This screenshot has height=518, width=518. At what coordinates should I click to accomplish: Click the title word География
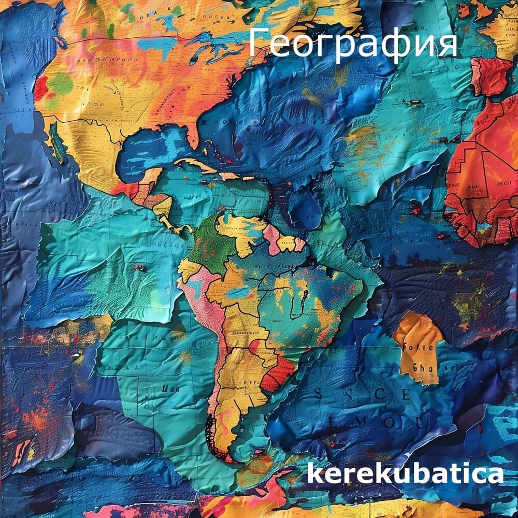pos(353,44)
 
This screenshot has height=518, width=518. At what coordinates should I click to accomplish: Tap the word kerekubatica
pos(405,474)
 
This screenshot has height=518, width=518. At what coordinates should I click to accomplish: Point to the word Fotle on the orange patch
pos(423,348)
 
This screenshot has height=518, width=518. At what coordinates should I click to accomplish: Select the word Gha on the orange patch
pos(421,367)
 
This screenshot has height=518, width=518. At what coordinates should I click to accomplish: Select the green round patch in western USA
pos(61,83)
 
